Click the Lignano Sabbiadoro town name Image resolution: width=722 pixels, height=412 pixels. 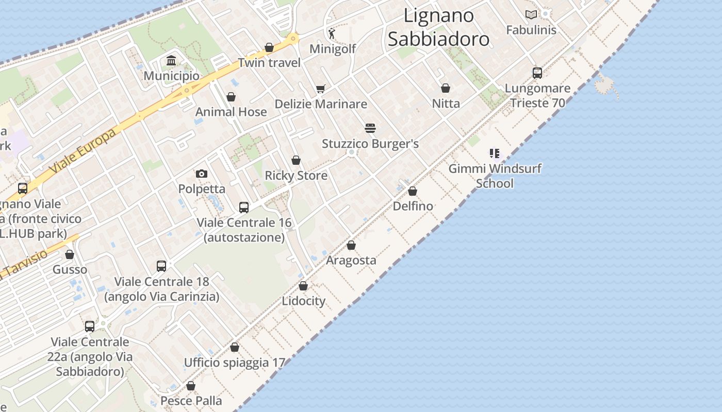(x=438, y=27)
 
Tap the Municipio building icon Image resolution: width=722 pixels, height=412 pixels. (x=171, y=61)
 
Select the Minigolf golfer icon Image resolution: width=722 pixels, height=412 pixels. (x=332, y=34)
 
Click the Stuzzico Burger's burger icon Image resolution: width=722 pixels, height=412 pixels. (x=370, y=128)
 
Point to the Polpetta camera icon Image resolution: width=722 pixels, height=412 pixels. (x=202, y=174)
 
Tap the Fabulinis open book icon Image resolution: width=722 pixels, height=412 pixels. (x=531, y=14)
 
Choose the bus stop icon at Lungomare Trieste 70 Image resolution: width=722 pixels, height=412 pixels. (x=537, y=73)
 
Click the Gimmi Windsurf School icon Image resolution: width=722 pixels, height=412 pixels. (x=495, y=153)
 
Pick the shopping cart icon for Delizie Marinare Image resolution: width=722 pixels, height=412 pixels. (x=321, y=89)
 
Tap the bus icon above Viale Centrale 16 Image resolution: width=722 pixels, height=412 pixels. (x=244, y=208)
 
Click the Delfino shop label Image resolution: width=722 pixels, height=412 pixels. (x=413, y=206)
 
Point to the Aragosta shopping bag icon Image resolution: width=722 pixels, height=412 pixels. (x=351, y=245)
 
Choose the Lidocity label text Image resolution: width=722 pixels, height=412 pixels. (x=303, y=301)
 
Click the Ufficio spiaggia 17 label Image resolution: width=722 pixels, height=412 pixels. (x=234, y=363)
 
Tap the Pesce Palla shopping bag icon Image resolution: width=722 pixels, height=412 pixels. (x=191, y=386)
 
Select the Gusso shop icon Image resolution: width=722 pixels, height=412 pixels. (x=70, y=254)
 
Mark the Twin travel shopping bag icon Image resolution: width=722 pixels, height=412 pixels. (x=269, y=47)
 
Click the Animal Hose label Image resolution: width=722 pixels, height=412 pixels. (x=231, y=112)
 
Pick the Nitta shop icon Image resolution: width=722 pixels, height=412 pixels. (x=446, y=88)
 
